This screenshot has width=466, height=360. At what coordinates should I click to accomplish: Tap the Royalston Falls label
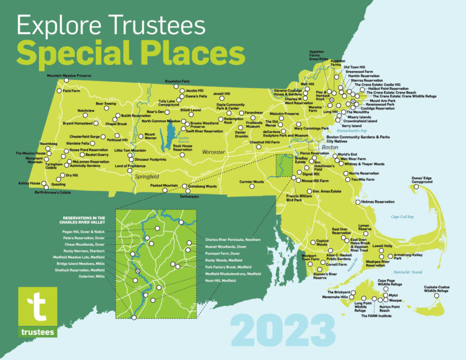click(x=177, y=81)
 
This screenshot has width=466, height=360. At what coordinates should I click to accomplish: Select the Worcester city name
click(x=196, y=151)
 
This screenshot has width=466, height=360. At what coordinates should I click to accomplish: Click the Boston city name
click(x=329, y=148)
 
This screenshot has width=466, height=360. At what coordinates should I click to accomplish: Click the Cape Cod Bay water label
click(x=402, y=216)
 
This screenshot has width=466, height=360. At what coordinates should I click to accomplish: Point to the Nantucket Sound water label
click(x=408, y=271)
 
